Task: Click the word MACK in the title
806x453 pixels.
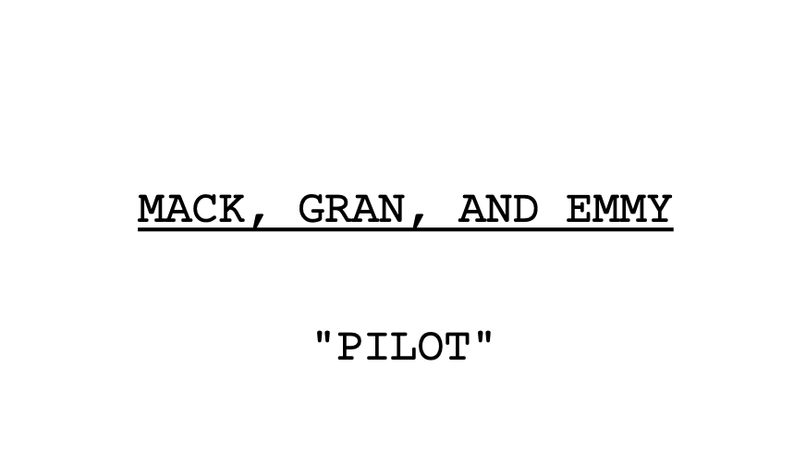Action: [x=191, y=209]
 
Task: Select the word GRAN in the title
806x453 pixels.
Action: [x=351, y=209]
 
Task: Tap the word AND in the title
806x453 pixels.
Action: [x=498, y=209]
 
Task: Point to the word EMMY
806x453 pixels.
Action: [x=619, y=209]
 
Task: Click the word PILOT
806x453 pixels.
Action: [x=404, y=346]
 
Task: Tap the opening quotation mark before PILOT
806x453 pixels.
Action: [x=324, y=337]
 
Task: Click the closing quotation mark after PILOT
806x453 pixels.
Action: [x=483, y=337]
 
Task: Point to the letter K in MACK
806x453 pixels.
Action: [x=231, y=209]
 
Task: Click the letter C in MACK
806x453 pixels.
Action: [x=204, y=209]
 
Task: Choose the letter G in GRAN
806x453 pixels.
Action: [x=311, y=209]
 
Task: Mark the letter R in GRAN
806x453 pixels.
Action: [x=338, y=209]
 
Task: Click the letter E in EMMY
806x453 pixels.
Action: [x=579, y=209]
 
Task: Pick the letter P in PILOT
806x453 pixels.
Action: [x=349, y=346]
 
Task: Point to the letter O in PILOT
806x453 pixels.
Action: [x=430, y=346]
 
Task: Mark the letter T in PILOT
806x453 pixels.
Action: [x=457, y=346]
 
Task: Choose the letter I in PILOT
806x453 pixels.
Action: [x=377, y=346]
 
